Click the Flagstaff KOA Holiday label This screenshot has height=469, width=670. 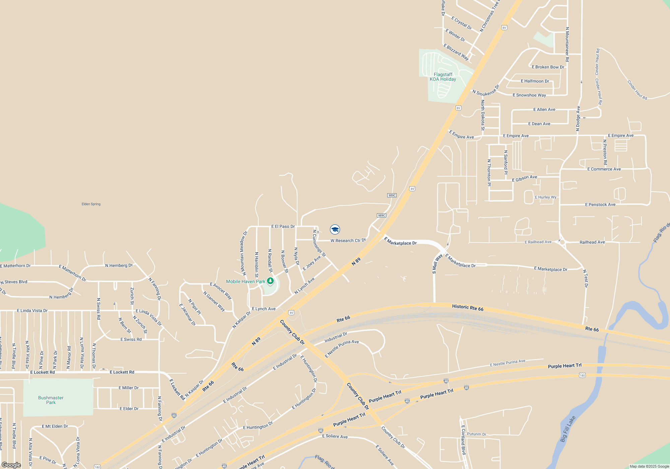[443, 77]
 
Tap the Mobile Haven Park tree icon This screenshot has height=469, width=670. [270, 281]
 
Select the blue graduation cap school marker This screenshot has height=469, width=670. [335, 229]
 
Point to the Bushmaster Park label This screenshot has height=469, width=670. [51, 400]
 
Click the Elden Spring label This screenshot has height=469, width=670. [91, 204]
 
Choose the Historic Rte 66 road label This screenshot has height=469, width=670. [468, 308]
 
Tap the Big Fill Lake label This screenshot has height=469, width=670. [568, 429]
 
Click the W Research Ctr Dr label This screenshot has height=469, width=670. [348, 241]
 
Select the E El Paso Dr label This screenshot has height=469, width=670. [283, 226]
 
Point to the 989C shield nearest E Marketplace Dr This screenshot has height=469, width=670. [381, 215]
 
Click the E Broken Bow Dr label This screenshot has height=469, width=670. [548, 67]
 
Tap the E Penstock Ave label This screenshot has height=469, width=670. [600, 205]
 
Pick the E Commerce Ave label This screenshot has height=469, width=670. [604, 169]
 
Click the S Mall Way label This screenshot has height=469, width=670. [437, 264]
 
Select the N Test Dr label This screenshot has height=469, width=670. [585, 278]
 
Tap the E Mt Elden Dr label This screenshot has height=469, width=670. [55, 426]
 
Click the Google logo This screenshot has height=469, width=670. [11, 465]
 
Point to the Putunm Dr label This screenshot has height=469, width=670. [476, 434]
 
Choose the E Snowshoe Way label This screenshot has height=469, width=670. [529, 95]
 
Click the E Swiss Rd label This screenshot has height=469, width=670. [131, 339]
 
